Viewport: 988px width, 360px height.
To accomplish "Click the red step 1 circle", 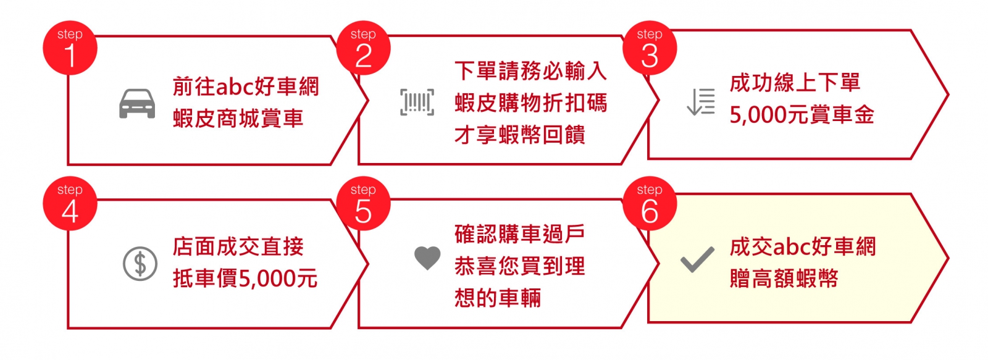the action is [x=70, y=48].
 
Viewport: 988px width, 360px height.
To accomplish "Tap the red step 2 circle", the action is [x=363, y=48].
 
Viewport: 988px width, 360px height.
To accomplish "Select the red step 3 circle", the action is [x=649, y=48].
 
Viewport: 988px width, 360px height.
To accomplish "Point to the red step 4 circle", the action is [x=70, y=203].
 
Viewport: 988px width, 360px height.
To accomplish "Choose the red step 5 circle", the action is [x=363, y=203].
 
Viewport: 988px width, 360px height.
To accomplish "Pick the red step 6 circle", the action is [x=649, y=203].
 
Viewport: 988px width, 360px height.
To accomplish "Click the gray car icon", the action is [x=137, y=104].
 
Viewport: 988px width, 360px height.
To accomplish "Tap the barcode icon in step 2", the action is [x=417, y=103].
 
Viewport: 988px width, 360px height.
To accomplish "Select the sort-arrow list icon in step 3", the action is [x=701, y=102].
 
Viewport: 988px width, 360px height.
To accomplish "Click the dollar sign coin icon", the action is [x=140, y=264].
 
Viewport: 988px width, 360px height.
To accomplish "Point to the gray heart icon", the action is [x=427, y=258].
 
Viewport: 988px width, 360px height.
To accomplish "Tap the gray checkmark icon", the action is [x=697, y=259].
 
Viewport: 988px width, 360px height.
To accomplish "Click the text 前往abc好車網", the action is [x=246, y=86].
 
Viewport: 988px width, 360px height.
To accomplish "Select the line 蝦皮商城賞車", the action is [x=238, y=118].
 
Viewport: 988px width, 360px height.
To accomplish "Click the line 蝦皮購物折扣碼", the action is [x=530, y=103].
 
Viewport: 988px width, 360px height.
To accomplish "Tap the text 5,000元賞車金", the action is [x=802, y=115].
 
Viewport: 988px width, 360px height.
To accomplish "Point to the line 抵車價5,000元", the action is [x=245, y=278].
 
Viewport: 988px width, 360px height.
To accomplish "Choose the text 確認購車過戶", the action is [x=519, y=234].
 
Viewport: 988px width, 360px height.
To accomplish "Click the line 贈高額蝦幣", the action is [x=784, y=278].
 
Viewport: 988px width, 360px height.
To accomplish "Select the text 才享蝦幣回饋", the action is [x=519, y=135].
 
